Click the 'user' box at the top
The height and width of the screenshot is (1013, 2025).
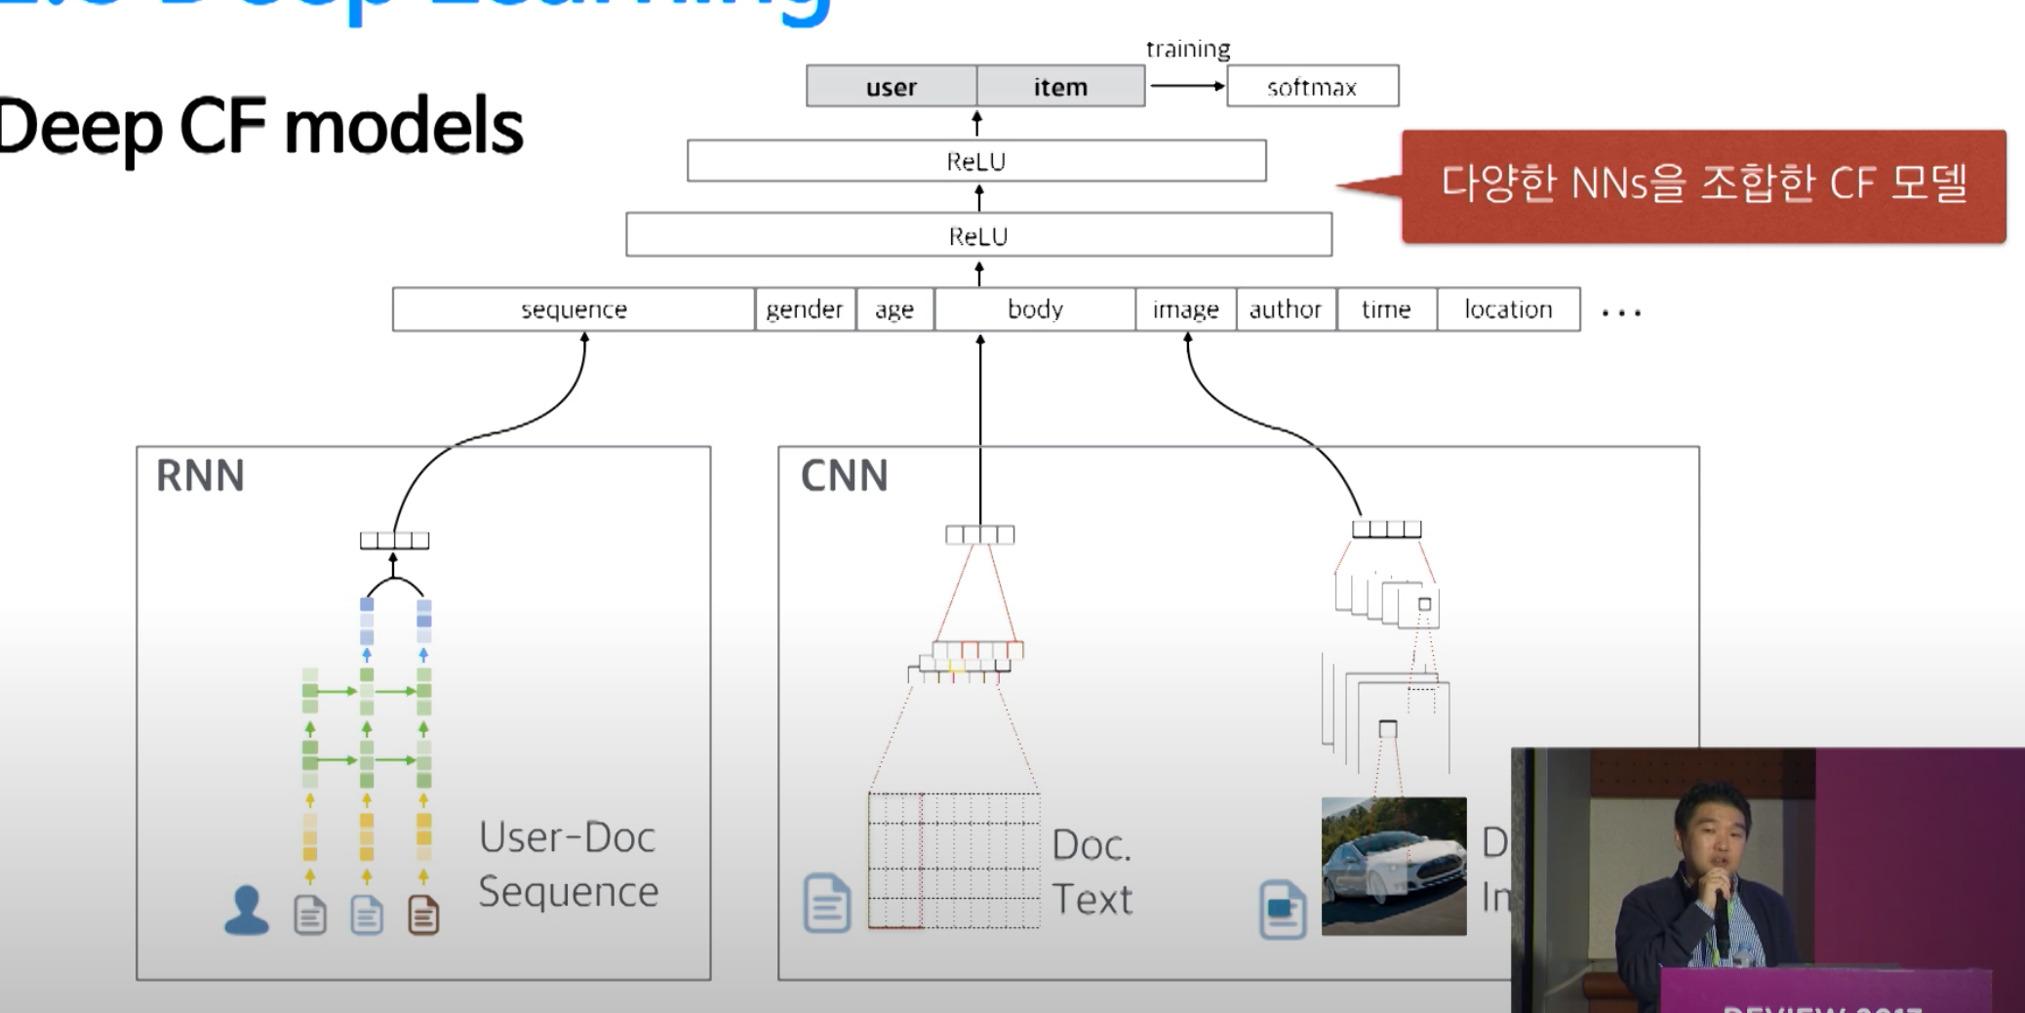891,87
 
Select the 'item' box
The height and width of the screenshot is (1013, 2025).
1060,87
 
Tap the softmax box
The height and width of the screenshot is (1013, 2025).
1312,87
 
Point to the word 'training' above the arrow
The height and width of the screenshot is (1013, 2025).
1187,49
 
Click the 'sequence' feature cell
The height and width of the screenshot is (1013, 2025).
574,309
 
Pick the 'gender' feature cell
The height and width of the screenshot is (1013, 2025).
805,309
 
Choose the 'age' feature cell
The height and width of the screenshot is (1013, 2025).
894,309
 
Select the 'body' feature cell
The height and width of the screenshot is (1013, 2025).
1035,309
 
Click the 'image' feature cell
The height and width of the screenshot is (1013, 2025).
1185,309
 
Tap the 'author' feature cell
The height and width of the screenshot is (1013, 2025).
1286,309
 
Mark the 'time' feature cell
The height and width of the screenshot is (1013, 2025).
1386,309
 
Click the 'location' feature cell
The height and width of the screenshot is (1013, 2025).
1508,309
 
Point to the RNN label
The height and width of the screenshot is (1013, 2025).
200,476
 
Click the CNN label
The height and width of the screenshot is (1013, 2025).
844,476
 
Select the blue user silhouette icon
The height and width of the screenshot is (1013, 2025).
246,911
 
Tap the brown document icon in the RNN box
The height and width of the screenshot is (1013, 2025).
423,915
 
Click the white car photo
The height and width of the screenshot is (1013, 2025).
1393,867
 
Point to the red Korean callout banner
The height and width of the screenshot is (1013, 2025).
1703,185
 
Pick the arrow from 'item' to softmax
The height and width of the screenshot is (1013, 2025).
1186,86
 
